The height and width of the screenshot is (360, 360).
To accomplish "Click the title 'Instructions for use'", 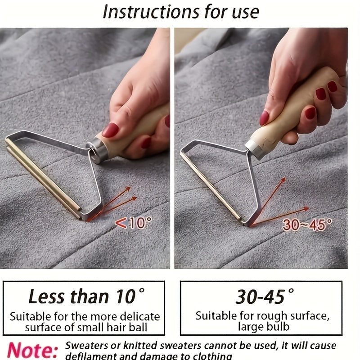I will [x=181, y=12].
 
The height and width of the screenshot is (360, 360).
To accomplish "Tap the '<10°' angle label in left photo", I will [x=134, y=222].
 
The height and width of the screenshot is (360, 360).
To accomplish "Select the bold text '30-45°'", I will [x=260, y=296].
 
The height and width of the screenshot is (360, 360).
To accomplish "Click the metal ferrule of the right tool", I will [x=255, y=148].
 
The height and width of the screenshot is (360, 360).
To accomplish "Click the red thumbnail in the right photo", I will [x=264, y=118].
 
